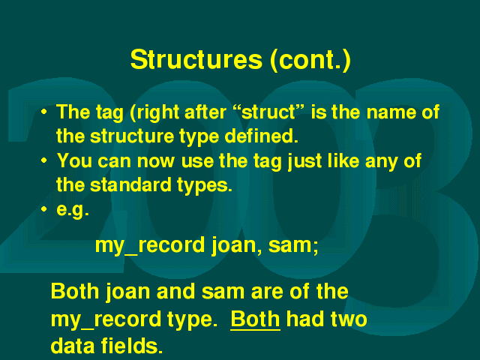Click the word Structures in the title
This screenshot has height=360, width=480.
click(196, 59)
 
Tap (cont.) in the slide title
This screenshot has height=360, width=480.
click(310, 60)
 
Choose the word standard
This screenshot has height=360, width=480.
click(130, 184)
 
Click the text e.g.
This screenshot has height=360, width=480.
click(73, 210)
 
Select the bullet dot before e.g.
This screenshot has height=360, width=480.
click(44, 209)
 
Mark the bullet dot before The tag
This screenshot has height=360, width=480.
click(44, 112)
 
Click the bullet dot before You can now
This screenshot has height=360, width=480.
click(44, 160)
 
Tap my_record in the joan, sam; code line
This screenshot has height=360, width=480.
click(150, 245)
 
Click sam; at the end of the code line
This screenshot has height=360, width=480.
click(293, 245)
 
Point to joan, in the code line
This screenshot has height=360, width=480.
click(237, 246)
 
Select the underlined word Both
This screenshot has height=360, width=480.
click(255, 319)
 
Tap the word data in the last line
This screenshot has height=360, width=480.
click(73, 346)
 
